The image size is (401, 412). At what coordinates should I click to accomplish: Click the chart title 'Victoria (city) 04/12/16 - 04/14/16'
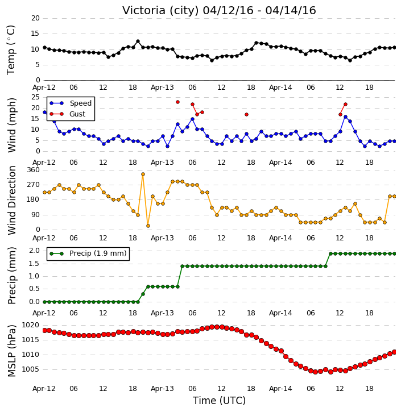tap(219, 11)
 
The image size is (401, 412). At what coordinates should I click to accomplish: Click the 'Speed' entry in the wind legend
tap(80, 103)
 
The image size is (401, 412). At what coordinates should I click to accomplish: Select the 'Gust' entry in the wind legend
tap(77, 114)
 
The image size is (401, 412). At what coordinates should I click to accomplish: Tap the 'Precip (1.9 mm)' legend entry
tap(98, 253)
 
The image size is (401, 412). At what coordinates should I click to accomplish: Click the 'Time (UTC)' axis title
tap(219, 401)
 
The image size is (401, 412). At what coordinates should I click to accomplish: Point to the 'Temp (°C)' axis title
tap(11, 50)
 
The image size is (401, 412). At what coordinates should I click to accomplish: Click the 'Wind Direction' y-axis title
tap(12, 200)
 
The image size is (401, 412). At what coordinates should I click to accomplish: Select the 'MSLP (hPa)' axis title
tap(12, 351)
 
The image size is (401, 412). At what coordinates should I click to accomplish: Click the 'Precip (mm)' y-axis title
tap(12, 276)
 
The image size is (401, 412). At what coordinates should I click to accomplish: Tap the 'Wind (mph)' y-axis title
tap(12, 125)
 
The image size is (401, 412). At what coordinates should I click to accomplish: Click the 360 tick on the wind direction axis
tap(33, 170)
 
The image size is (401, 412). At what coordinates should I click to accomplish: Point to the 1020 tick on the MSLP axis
tap(30, 325)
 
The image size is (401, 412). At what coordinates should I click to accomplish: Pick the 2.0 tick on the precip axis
tap(34, 251)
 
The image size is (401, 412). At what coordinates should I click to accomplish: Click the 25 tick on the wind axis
tap(35, 97)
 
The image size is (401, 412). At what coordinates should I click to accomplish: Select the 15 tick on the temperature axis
tap(35, 34)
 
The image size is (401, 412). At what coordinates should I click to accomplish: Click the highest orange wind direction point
tap(143, 174)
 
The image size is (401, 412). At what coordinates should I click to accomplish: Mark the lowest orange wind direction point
tap(148, 226)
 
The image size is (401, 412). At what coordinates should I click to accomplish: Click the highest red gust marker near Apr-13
tap(178, 102)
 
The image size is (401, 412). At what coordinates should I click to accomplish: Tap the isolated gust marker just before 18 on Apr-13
tap(246, 115)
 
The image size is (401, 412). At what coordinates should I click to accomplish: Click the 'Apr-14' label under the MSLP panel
tap(280, 388)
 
